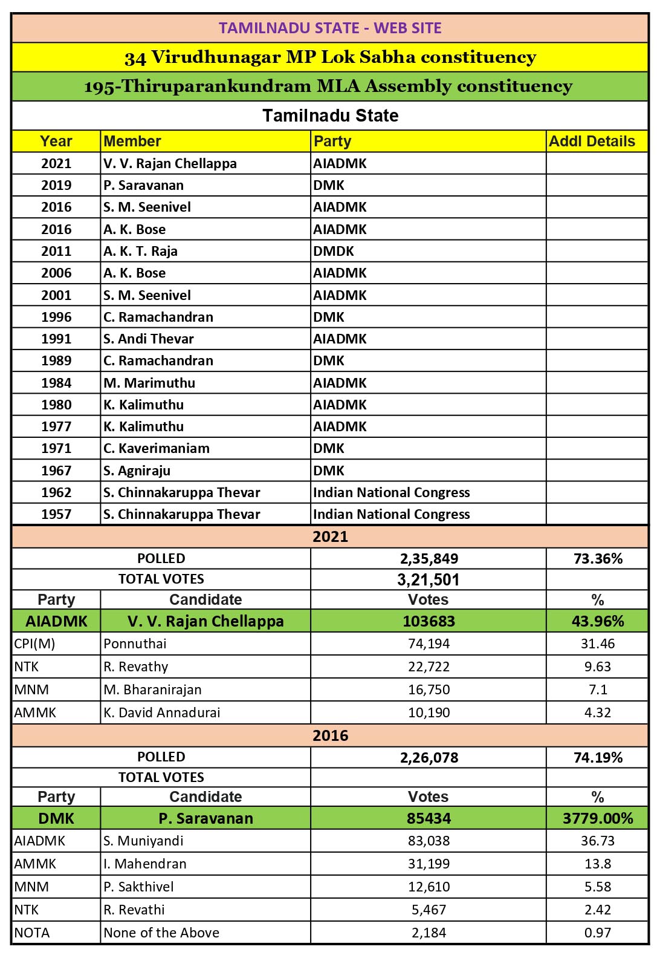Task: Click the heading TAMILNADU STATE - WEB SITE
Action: pos(330,28)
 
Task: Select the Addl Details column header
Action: pos(592,142)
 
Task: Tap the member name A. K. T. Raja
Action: pos(140,251)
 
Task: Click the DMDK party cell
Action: pos(333,251)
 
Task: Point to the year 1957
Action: pos(56,514)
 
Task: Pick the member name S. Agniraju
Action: pos(137,471)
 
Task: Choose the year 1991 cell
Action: pos(56,339)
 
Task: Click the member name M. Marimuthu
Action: pos(149,383)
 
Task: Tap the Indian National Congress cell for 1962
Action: pos(391,492)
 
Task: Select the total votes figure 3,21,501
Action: pos(429,579)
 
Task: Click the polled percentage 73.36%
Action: pos(598,558)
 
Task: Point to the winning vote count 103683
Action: pos(429,621)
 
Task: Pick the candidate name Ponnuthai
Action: pos(135,644)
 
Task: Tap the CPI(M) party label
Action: pos(34,644)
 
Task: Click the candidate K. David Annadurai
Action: pos(161,712)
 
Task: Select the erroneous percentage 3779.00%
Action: pos(598,818)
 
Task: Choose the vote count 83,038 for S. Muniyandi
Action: pos(429,841)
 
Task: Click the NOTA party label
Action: pos(32,933)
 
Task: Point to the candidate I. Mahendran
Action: pos(145,864)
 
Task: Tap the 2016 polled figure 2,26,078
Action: pos(429,757)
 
